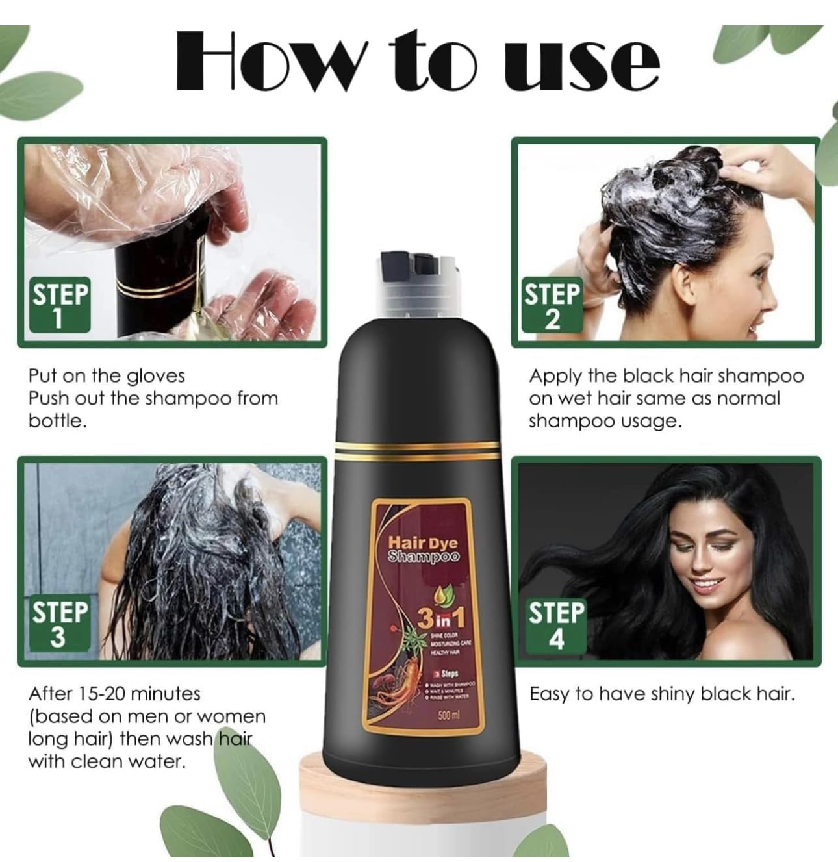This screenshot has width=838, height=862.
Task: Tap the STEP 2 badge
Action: click(552, 305)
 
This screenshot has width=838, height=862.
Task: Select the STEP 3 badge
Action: click(59, 624)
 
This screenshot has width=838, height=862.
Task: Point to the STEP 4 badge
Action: click(556, 624)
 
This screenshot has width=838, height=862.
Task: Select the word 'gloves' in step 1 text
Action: click(156, 376)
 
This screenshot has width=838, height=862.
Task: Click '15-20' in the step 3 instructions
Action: click(106, 694)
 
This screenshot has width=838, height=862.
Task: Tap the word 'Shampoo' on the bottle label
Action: click(423, 557)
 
